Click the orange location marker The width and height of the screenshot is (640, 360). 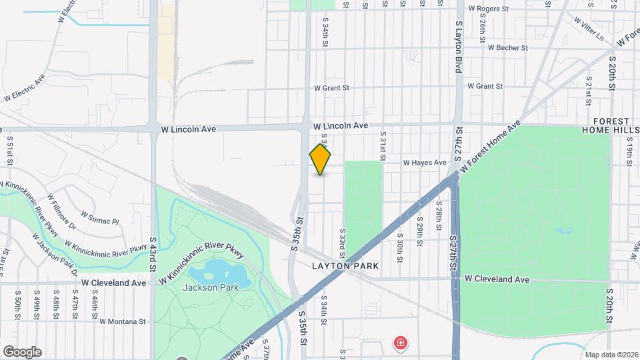(321, 160)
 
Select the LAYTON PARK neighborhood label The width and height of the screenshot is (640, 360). (345, 266)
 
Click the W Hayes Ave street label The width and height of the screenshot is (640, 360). (423, 163)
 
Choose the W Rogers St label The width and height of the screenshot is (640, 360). (488, 9)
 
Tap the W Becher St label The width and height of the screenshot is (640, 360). (507, 48)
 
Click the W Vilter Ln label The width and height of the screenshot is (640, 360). (590, 24)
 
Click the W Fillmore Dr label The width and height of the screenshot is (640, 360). (62, 209)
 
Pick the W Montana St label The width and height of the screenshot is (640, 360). (123, 321)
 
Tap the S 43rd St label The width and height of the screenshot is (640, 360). (153, 252)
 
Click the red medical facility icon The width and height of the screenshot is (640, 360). (400, 344)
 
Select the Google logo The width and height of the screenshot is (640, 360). (22, 351)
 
